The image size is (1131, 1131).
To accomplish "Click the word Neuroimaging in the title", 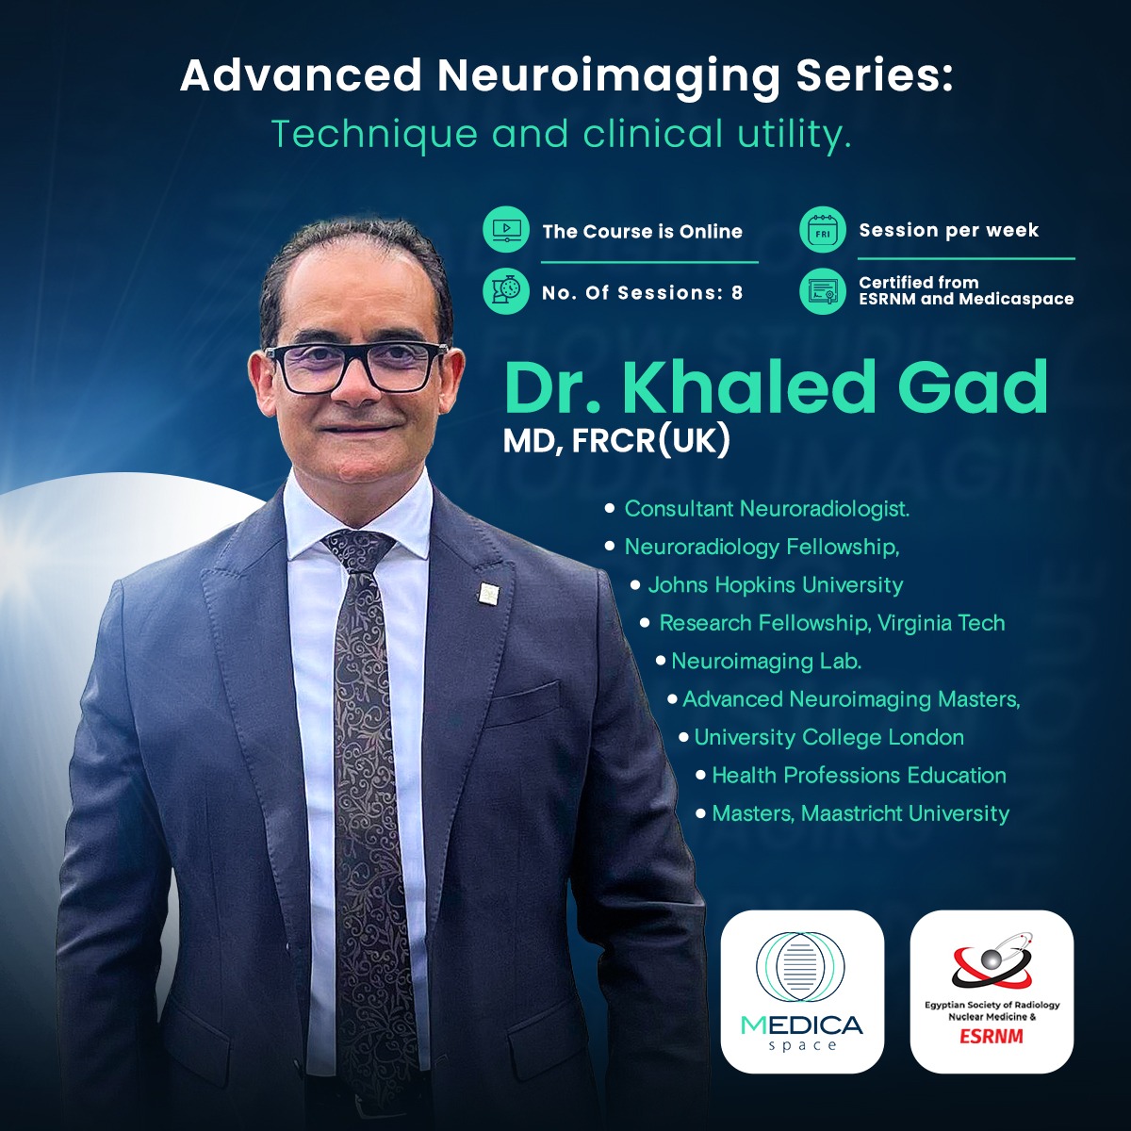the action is tap(609, 77).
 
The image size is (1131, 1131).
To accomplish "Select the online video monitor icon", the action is tap(506, 230).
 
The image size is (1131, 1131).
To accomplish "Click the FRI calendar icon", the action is tap(822, 230).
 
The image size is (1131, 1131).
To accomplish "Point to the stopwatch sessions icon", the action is tap(506, 291).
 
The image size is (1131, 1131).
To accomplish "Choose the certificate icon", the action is tap(822, 291).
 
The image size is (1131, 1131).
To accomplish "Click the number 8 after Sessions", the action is tap(737, 292).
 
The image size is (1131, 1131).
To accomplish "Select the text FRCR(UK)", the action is tap(651, 441).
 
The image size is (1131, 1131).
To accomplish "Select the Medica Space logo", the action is tap(802, 992).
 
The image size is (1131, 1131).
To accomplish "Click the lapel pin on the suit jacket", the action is tap(486, 594).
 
